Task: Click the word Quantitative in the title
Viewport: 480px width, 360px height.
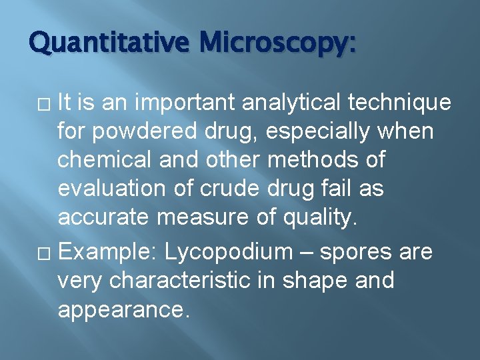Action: click(110, 45)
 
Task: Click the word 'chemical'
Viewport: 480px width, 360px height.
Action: click(104, 161)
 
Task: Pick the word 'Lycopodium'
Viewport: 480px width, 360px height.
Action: click(229, 253)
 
